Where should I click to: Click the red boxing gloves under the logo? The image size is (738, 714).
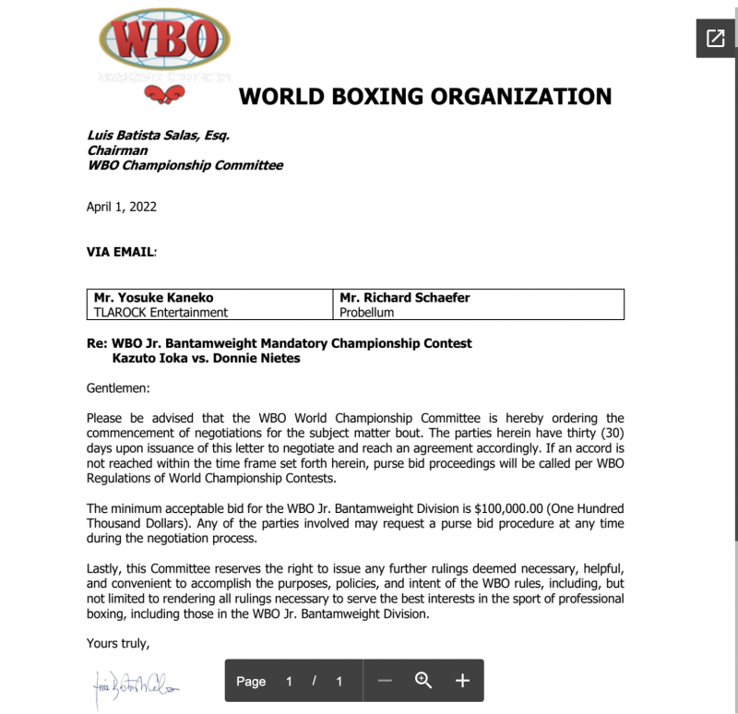(x=164, y=94)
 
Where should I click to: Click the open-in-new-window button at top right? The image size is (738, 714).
(x=715, y=38)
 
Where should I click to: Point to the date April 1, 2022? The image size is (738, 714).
(x=122, y=207)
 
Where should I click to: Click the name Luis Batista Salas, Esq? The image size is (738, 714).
(x=158, y=135)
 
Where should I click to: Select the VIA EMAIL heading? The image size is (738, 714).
(x=121, y=251)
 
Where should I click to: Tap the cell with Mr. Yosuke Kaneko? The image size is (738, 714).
(x=153, y=298)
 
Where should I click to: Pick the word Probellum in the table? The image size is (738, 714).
(x=367, y=312)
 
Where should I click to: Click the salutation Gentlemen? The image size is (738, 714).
(x=118, y=389)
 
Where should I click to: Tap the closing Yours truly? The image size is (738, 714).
(x=118, y=642)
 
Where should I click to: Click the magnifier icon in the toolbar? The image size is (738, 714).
(x=423, y=681)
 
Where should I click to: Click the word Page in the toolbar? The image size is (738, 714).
(x=251, y=682)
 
